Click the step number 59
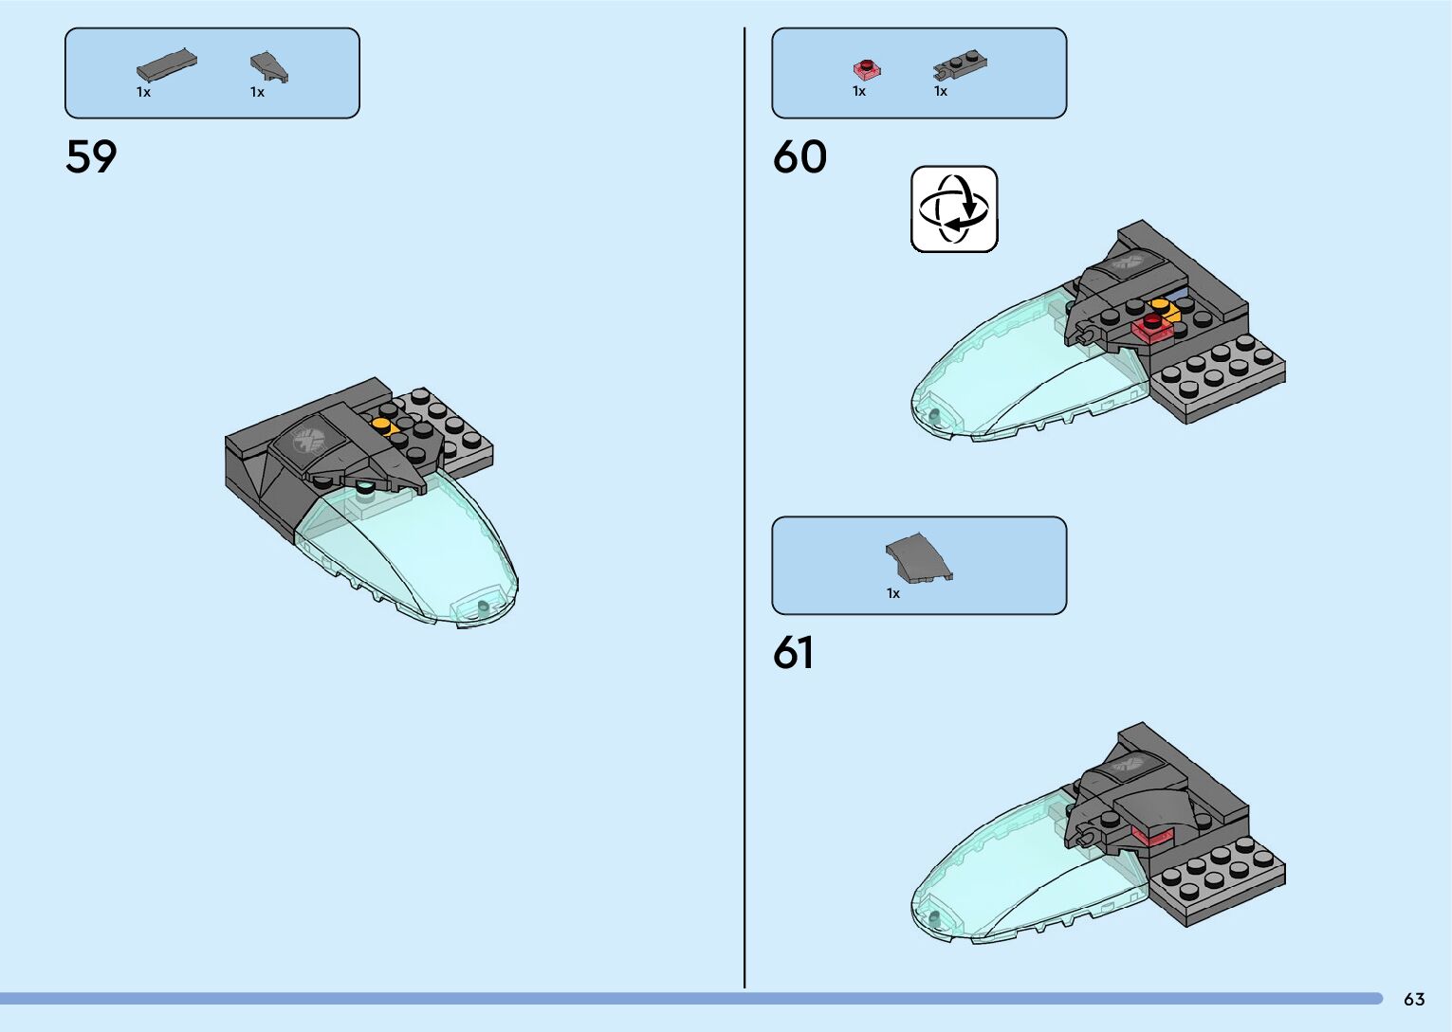pos(91,156)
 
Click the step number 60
pos(800,156)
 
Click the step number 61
pos(793,653)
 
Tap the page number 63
pos(1414,999)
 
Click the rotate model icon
pos(954,209)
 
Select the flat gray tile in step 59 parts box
pos(167,65)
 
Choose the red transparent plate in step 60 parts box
pos(867,68)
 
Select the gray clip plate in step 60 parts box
pos(960,65)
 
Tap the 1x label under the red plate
pos(859,92)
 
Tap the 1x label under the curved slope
pos(893,594)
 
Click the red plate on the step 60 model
pos(1152,327)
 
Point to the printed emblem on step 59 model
pos(308,440)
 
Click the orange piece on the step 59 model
pos(383,425)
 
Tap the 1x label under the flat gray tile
pos(143,93)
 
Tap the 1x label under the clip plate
pos(941,92)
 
